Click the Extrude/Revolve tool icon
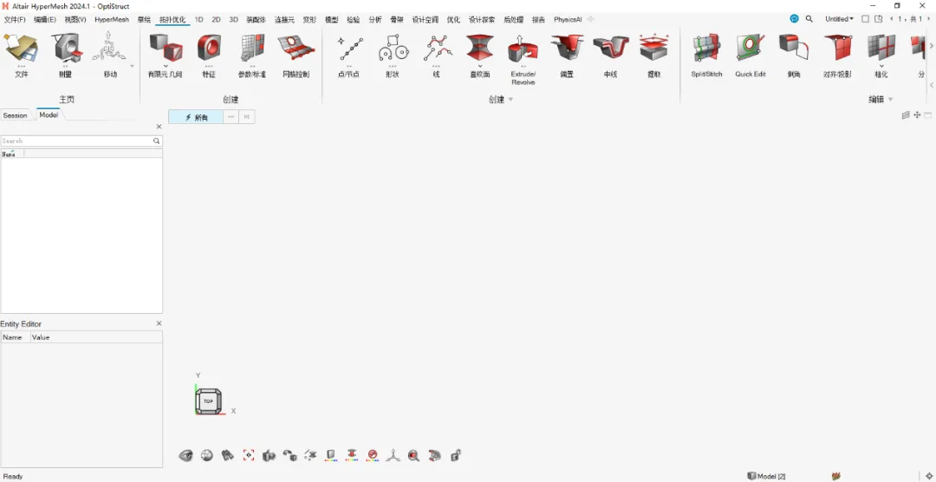523,49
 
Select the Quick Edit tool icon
751,48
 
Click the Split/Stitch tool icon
706,48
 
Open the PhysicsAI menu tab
568,19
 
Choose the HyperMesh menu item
111,19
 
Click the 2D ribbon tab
216,19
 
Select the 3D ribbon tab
233,19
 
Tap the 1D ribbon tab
199,19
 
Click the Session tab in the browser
16,115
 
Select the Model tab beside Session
49,114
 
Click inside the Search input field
76,140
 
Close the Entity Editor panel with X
159,323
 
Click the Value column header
41,337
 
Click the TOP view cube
208,401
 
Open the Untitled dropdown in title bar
839,19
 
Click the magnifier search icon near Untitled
809,19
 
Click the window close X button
922,6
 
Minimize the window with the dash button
872,6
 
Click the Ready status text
13,476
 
